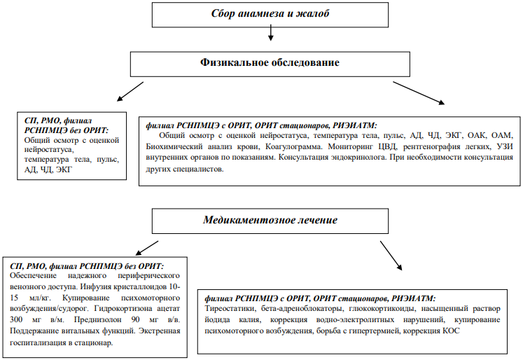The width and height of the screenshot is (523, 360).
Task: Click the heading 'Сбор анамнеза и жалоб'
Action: tap(270, 13)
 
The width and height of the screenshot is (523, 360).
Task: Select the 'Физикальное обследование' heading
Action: tap(270, 62)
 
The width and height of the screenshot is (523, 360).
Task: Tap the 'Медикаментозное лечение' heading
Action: tap(270, 220)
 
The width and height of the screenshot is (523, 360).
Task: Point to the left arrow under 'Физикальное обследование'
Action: tap(130, 92)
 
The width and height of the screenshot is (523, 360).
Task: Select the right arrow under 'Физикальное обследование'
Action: tap(419, 93)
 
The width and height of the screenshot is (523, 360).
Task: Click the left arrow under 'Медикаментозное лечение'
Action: tap(147, 248)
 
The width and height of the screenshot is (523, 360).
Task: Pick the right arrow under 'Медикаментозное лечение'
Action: tap(391, 255)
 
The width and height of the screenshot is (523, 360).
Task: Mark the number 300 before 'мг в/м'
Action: tap(16, 319)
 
